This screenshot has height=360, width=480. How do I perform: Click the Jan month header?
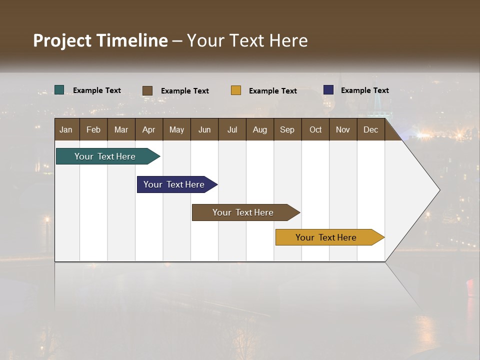tap(66, 130)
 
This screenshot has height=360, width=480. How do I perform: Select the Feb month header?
tap(93, 130)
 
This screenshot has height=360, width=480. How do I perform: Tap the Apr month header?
tap(148, 130)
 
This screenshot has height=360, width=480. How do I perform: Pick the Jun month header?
tap(204, 130)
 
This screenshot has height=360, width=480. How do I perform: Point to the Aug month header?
tap(259, 130)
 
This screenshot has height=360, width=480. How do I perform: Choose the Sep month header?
tap(287, 130)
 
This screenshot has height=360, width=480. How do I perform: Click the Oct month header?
tap(315, 130)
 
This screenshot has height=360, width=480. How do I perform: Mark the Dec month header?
tap(370, 130)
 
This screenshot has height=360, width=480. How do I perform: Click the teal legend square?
tap(59, 90)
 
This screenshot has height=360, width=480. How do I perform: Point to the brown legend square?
tap(147, 90)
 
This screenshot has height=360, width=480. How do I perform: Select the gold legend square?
tap(236, 90)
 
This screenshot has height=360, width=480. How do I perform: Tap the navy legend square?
tap(328, 90)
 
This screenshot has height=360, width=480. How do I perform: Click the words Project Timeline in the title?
tap(100, 40)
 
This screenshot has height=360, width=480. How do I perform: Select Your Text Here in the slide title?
tap(247, 40)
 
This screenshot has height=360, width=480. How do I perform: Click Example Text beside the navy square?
tap(364, 90)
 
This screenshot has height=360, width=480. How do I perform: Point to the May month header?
tap(176, 130)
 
